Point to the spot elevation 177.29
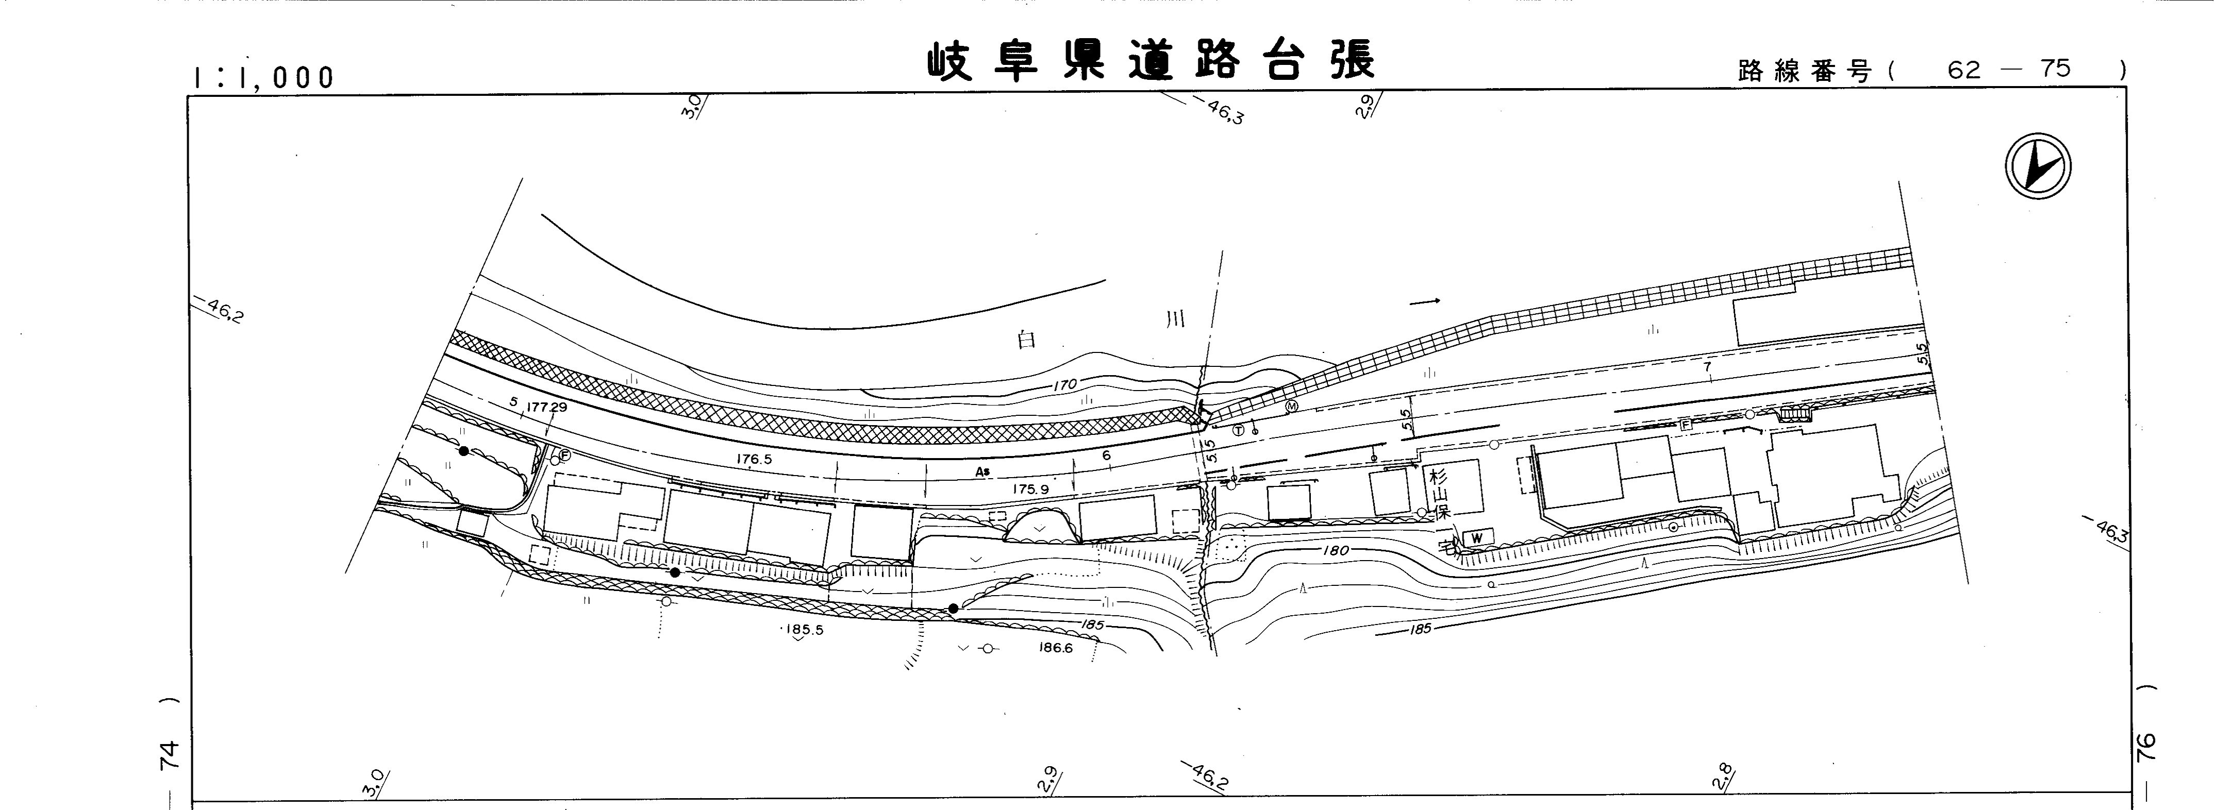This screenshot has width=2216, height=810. (546, 407)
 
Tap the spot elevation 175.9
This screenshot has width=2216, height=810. (1030, 490)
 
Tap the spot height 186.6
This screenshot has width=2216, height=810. (1056, 648)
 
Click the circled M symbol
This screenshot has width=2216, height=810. (1290, 406)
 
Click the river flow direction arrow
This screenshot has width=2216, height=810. (1425, 302)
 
